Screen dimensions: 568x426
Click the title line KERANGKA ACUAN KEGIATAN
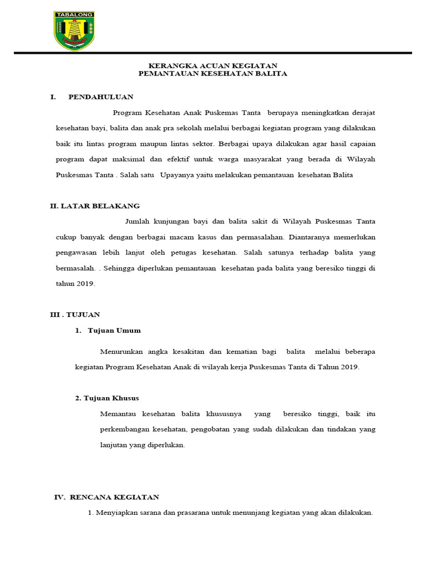tap(213, 65)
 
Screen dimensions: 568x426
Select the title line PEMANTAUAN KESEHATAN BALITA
tap(213, 74)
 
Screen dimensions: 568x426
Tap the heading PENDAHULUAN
tap(101, 97)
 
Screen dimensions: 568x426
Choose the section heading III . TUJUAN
tap(75, 315)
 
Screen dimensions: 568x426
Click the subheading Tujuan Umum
tap(114, 331)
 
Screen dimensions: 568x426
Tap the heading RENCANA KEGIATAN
tap(114, 497)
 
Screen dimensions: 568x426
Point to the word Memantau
tap(118, 414)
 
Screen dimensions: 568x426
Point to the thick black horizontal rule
tap(213, 53)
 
